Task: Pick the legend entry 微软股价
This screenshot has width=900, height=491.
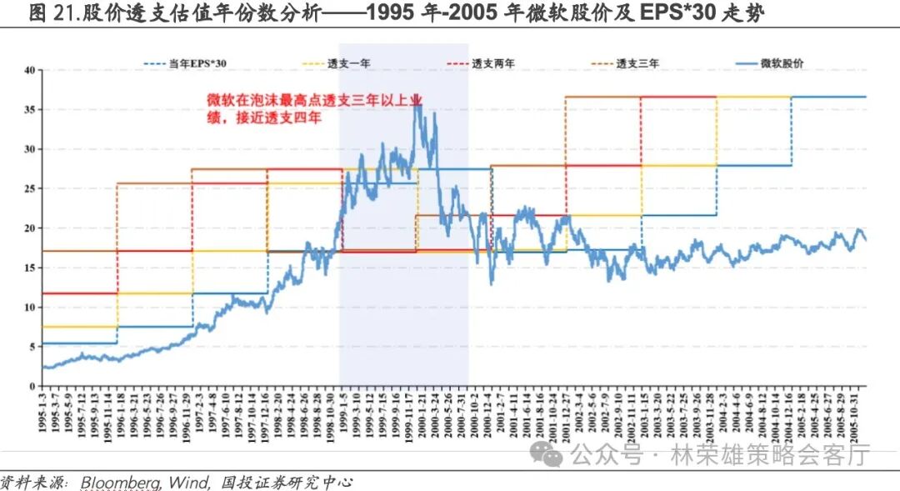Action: (781, 63)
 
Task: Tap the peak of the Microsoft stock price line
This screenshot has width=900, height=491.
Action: (417, 102)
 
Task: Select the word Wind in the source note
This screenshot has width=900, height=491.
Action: (190, 482)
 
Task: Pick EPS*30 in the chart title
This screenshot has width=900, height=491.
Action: (669, 13)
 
